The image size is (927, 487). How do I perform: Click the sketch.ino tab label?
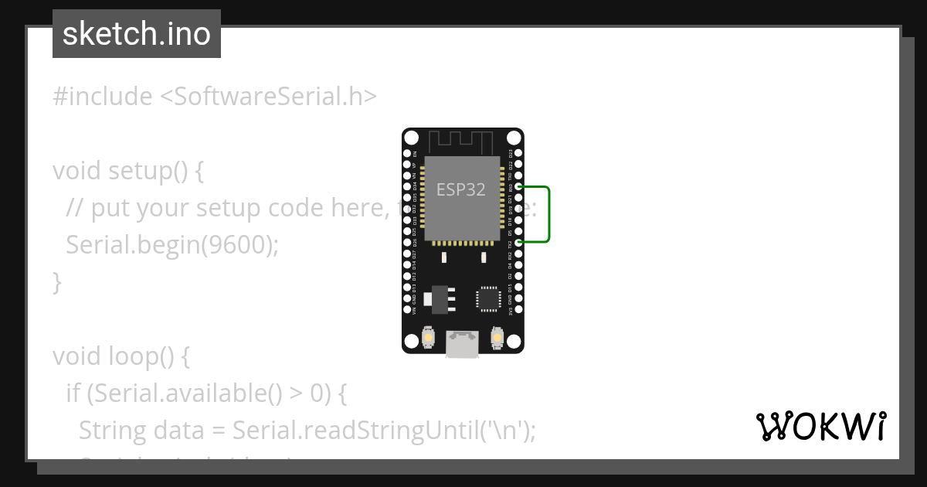[136, 34]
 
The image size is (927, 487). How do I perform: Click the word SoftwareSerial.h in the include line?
[271, 97]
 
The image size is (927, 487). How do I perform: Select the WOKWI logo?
[821, 426]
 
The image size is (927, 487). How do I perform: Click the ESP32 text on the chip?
[461, 189]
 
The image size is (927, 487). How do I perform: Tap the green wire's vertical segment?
[548, 214]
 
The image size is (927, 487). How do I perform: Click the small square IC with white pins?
[488, 298]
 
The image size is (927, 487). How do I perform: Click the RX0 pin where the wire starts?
[519, 187]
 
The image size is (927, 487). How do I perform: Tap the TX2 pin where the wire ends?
[519, 243]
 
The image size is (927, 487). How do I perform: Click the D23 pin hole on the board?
[519, 153]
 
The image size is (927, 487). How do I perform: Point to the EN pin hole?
[407, 153]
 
